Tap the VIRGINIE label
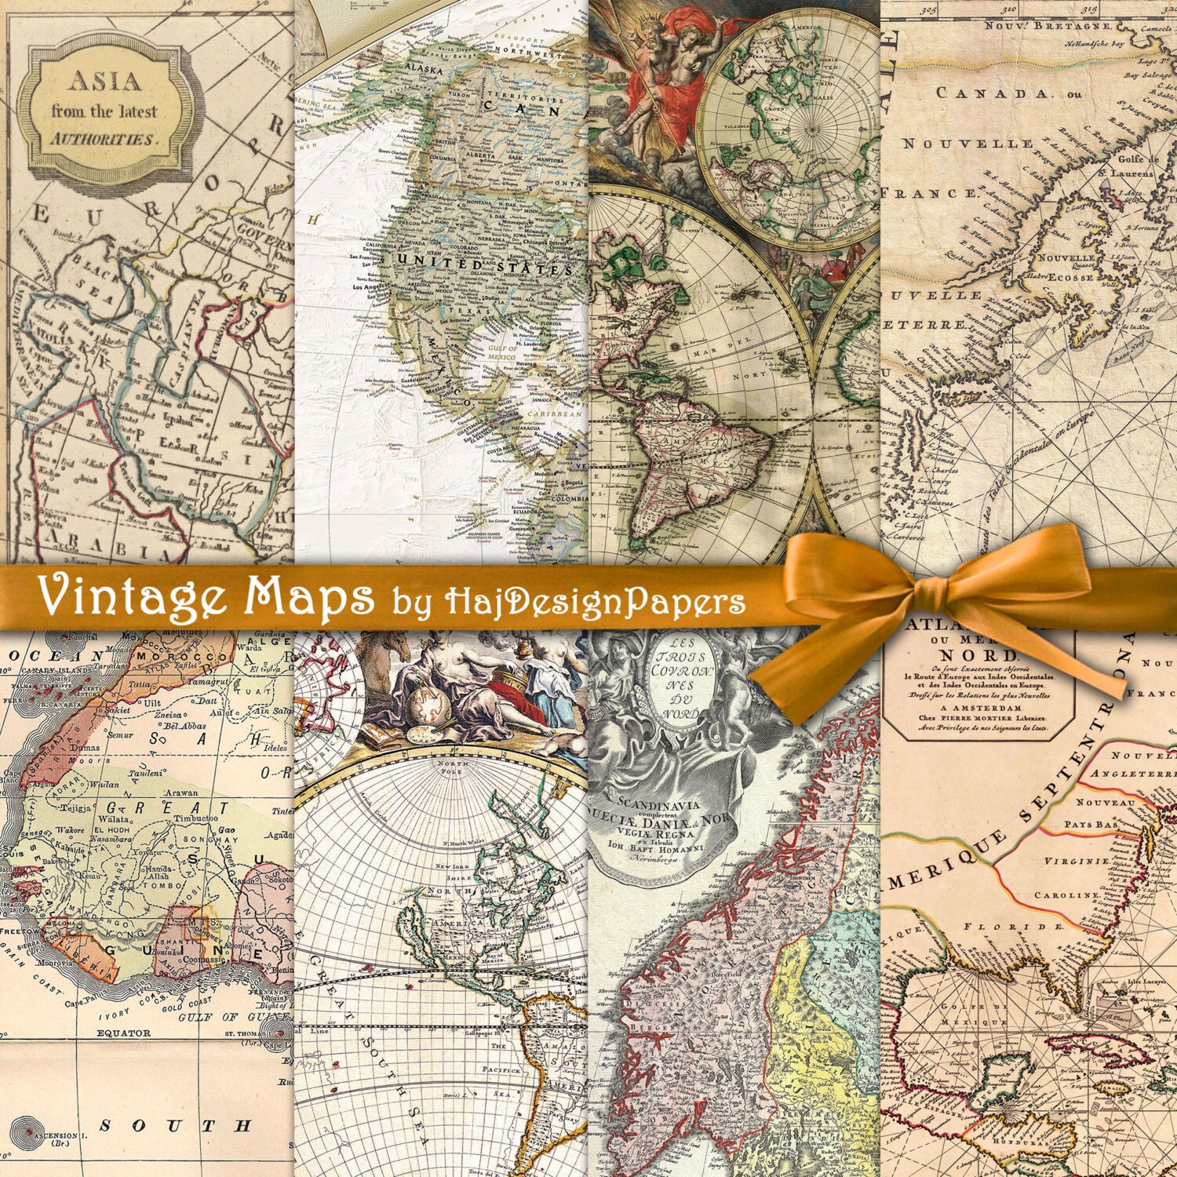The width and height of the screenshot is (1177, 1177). (x=1076, y=862)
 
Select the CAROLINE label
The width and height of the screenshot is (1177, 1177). (x=1066, y=895)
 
